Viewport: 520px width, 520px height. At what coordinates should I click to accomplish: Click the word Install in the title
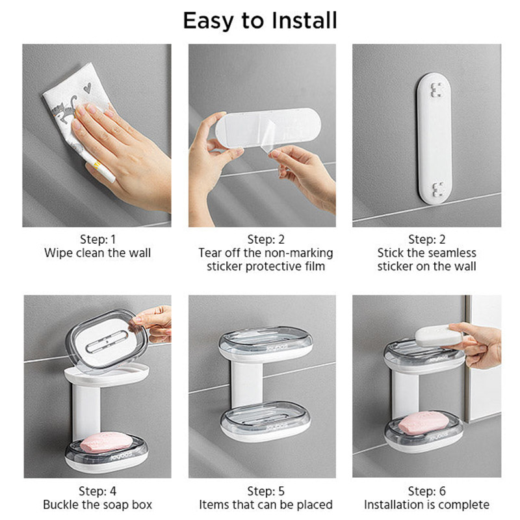coord(304,21)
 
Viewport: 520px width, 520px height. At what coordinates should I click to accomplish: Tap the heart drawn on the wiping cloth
coord(87,88)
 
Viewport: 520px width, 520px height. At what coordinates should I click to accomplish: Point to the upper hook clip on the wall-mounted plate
coord(437,90)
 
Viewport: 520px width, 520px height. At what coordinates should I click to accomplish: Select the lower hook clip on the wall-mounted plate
coord(438,189)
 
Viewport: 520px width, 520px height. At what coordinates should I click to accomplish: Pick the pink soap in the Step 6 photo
coord(424,423)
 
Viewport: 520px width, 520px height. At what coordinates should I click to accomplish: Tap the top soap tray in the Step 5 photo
coord(265,344)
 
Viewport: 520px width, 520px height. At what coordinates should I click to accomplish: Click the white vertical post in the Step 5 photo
coord(247,385)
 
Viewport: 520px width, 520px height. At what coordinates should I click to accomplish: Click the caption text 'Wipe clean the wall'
coord(97,253)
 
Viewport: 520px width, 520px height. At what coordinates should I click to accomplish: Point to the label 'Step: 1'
coord(97,239)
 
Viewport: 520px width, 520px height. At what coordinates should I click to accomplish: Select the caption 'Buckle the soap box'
coord(97,505)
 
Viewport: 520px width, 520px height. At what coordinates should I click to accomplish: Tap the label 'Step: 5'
coord(266,491)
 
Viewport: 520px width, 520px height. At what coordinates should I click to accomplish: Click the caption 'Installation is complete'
coord(426,505)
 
